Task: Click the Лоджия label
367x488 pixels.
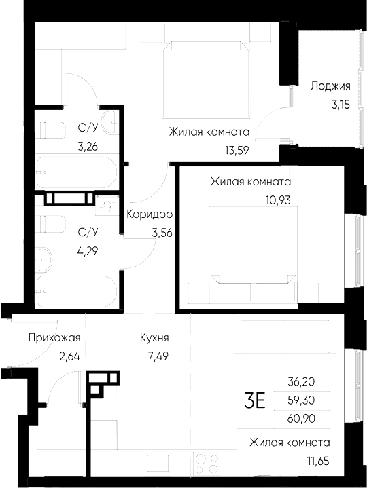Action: click(x=330, y=86)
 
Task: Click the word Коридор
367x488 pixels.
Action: click(x=149, y=214)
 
